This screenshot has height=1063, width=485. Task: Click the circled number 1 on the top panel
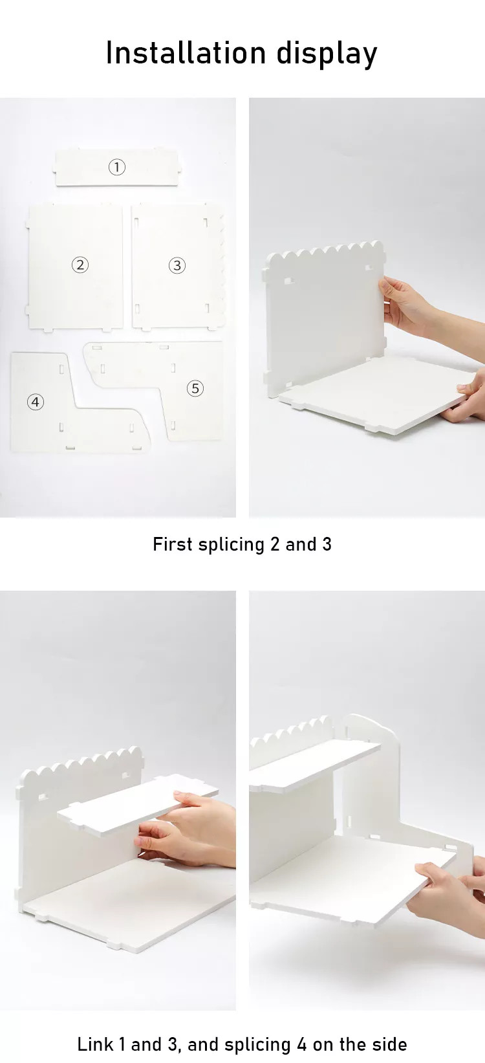tap(116, 167)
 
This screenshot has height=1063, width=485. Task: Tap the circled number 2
tap(80, 265)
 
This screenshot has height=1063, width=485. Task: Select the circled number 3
tap(177, 265)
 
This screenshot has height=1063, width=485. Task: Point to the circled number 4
tap(36, 402)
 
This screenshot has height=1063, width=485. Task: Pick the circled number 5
tap(195, 388)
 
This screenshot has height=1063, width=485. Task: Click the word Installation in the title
tap(186, 52)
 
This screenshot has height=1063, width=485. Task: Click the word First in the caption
tap(173, 544)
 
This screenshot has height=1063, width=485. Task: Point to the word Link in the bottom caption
tap(95, 1044)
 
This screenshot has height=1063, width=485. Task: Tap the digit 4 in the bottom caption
tap(301, 1044)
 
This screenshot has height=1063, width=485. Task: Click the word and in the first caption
tap(301, 544)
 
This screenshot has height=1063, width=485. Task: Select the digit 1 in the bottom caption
tap(122, 1044)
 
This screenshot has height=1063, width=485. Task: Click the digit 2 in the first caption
tap(275, 544)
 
